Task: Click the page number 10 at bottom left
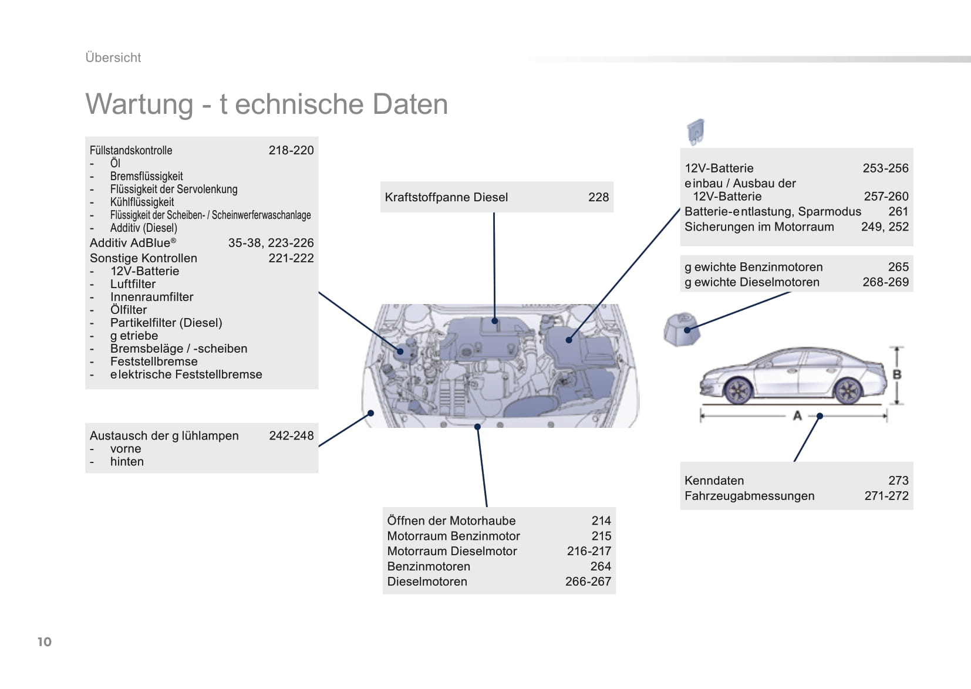point(44,642)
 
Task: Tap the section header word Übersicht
point(113,57)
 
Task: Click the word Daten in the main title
point(410,104)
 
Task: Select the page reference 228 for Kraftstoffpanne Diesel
point(598,197)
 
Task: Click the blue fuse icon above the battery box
point(696,131)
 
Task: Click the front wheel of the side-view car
point(738,391)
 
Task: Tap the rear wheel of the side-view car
point(848,391)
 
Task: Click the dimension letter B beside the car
point(897,375)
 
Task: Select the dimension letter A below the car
point(797,416)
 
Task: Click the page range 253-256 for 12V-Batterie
point(885,168)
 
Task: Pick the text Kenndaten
point(714,481)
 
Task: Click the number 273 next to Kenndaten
point(898,481)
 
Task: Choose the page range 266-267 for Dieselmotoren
point(588,582)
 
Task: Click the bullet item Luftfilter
point(133,284)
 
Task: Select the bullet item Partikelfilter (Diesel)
point(166,323)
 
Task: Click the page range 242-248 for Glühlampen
point(291,435)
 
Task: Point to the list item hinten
point(127,461)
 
